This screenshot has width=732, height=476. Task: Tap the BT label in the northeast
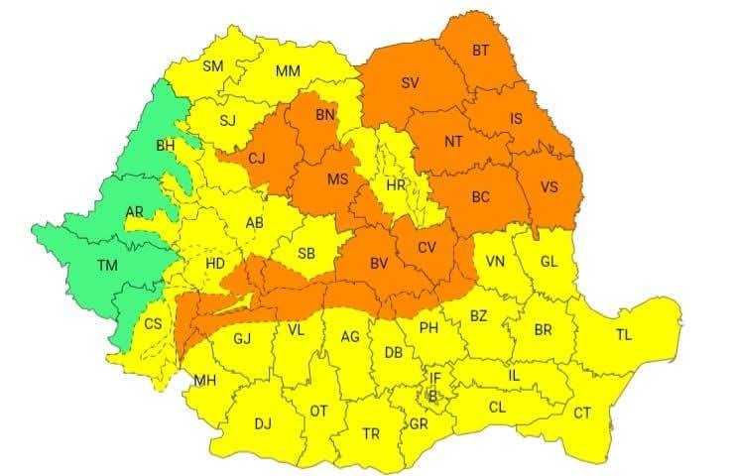480,51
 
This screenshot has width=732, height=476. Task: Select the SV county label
409,82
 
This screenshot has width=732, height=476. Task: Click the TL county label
623,335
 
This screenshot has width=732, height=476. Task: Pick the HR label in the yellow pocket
396,185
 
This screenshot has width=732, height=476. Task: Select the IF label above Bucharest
433,377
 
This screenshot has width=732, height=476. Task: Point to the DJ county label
262,424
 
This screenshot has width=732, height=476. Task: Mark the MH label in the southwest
205,381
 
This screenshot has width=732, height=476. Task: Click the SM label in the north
212,66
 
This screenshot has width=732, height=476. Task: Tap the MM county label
288,71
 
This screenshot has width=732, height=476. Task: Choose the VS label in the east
549,186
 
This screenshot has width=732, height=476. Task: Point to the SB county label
305,255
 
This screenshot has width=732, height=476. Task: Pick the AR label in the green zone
134,212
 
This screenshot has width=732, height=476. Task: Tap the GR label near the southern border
419,423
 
